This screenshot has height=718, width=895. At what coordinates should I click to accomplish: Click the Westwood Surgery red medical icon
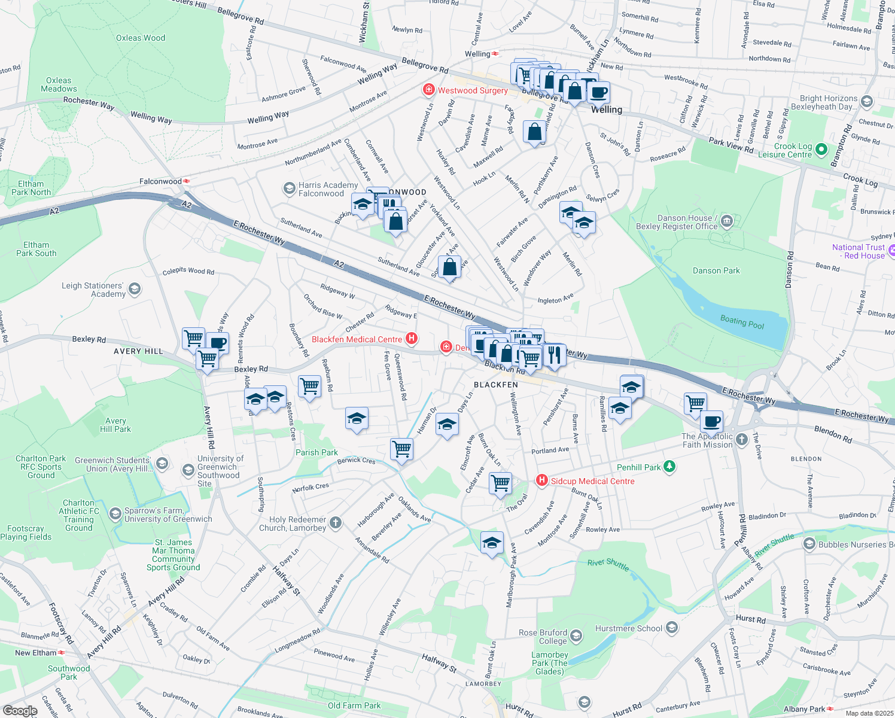(x=428, y=90)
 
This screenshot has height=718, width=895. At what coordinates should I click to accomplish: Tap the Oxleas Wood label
(x=141, y=38)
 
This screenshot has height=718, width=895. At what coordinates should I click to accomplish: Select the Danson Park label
(x=716, y=270)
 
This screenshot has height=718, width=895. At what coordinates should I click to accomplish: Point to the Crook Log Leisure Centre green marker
(x=821, y=150)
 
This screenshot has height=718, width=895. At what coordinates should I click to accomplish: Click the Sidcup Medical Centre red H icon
(x=542, y=480)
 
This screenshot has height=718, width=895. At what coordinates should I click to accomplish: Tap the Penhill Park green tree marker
(x=669, y=467)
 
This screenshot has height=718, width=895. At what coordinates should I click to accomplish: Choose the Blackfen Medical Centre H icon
(x=412, y=339)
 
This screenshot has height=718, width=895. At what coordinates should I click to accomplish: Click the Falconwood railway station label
(x=160, y=181)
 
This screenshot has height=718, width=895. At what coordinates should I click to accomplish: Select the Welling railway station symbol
(x=495, y=54)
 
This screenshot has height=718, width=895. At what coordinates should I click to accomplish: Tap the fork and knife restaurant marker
(x=554, y=354)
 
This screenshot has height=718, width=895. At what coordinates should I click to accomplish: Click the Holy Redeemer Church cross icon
(x=336, y=523)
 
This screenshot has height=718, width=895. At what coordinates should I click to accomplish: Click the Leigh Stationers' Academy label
(x=93, y=290)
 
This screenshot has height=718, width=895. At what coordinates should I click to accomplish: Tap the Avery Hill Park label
(x=115, y=425)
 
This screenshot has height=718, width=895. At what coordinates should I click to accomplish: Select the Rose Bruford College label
(x=543, y=637)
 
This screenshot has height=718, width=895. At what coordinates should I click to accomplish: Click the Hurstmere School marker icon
(x=672, y=628)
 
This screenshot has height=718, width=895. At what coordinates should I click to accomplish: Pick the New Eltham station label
(x=35, y=653)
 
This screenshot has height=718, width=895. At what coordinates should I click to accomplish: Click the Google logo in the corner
(x=20, y=711)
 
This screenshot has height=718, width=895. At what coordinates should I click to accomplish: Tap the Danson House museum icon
(x=727, y=222)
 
